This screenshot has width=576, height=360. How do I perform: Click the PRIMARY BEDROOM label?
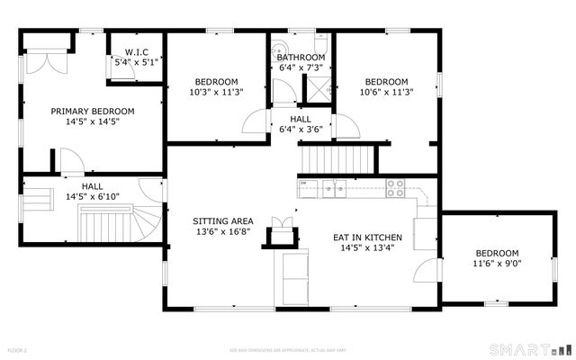93,112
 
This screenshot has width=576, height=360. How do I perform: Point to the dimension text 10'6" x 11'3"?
386,92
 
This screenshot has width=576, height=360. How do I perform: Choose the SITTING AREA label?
222,220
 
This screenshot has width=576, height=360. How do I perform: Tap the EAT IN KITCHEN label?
368,238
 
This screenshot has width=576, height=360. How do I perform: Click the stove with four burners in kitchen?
395,188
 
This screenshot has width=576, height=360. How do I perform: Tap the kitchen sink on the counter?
335,188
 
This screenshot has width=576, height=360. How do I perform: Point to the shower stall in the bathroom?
318,87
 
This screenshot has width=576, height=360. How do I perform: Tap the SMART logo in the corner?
530,348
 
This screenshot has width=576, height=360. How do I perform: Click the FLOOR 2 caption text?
19,349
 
